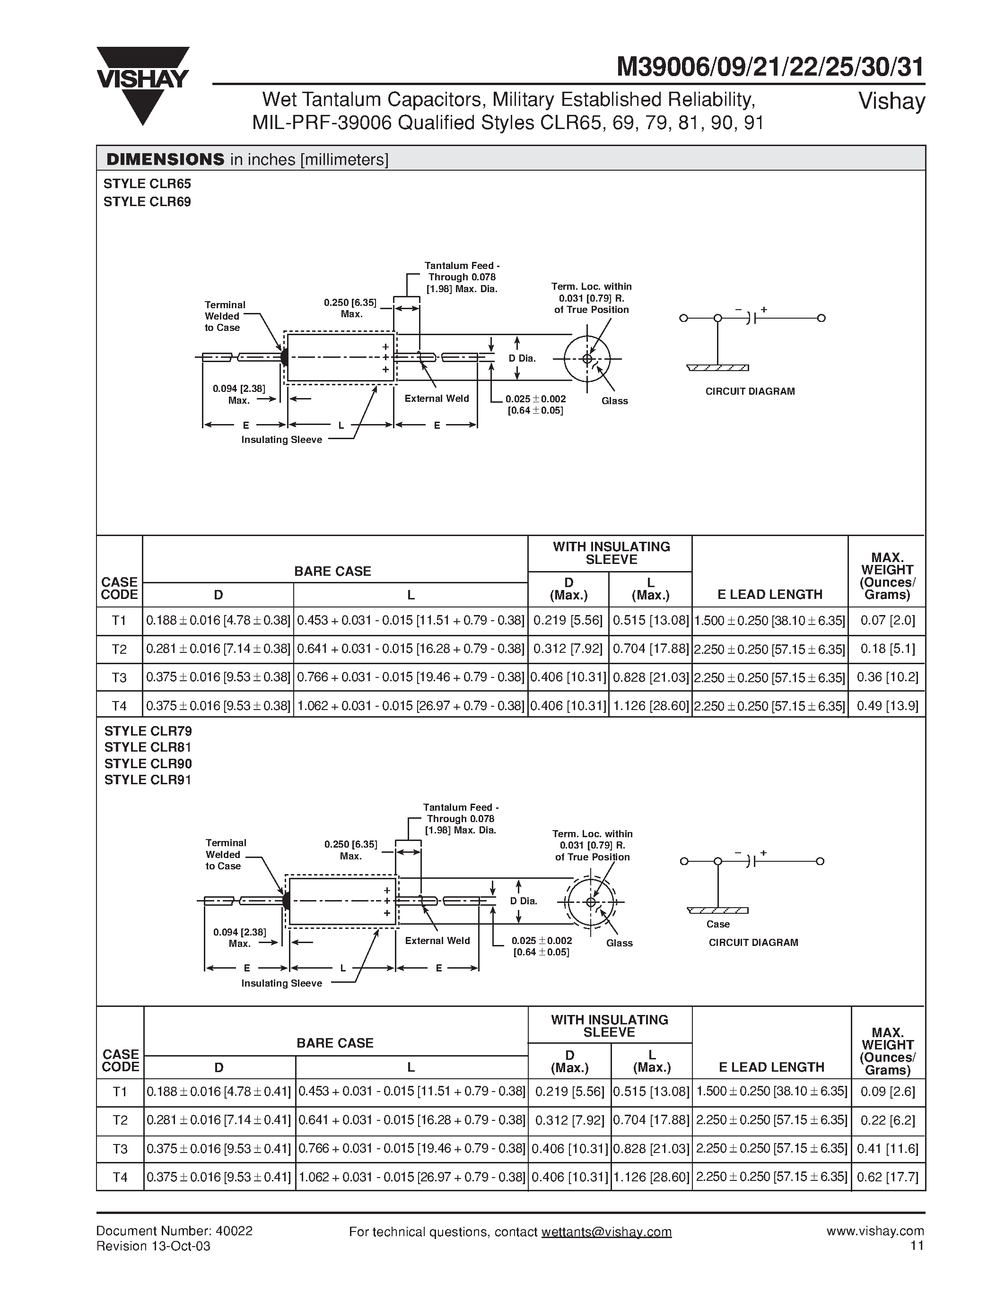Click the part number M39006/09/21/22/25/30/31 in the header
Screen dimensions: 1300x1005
[x=770, y=67]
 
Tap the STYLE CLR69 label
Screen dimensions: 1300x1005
[x=147, y=202]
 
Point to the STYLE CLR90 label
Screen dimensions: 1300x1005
[x=148, y=763]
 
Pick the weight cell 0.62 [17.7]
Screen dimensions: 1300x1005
[x=888, y=1177]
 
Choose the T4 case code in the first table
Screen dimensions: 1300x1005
[x=119, y=706]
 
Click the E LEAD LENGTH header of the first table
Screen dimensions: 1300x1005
[x=770, y=594]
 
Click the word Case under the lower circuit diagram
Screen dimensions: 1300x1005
[x=718, y=924]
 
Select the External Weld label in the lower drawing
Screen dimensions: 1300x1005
[x=437, y=940]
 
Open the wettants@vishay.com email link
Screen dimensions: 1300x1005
[x=606, y=1231]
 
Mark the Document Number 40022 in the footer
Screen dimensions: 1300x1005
[x=175, y=1231]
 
